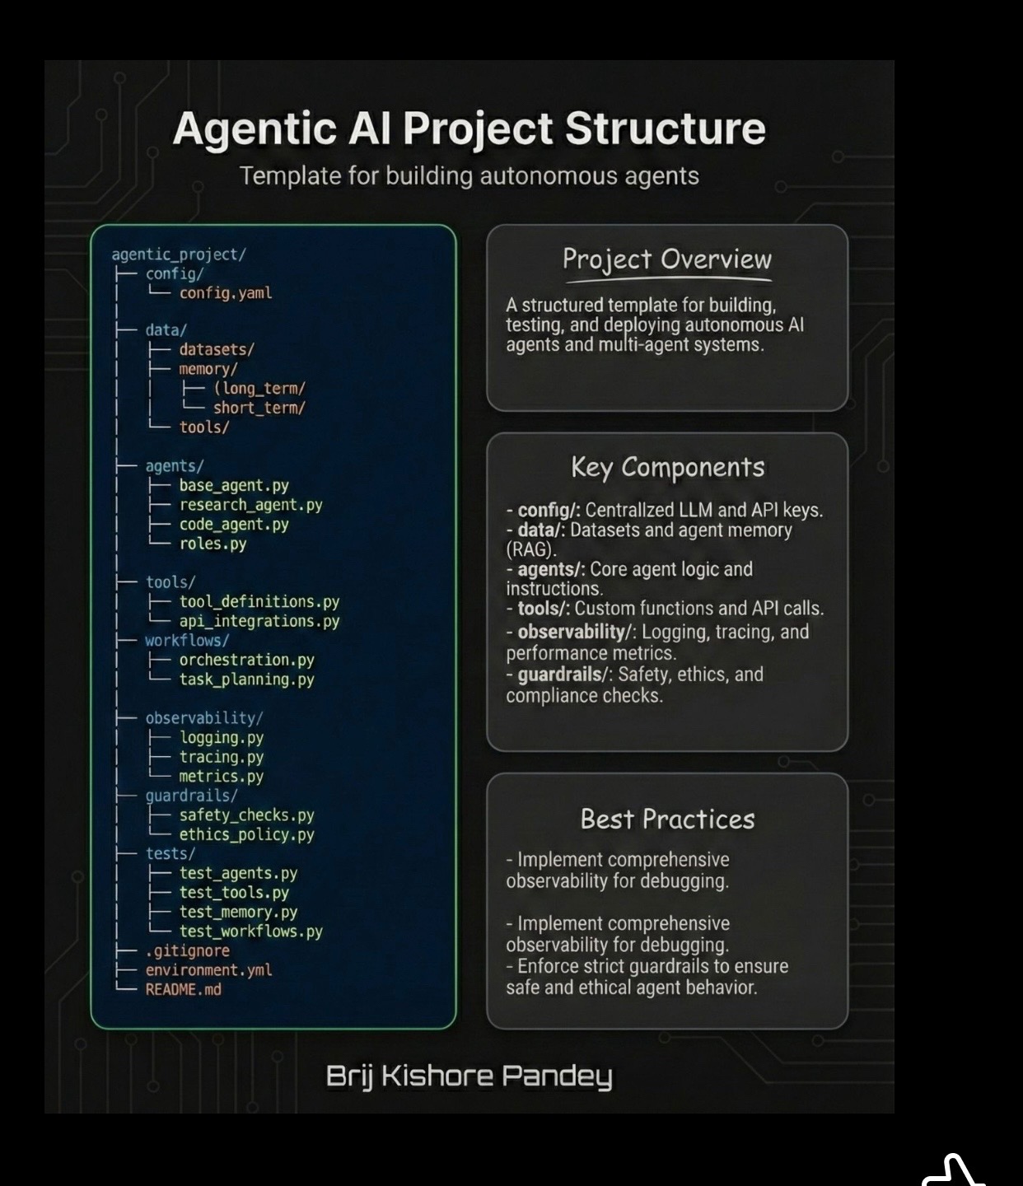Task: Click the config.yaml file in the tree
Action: pyautogui.click(x=225, y=293)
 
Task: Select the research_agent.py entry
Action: pyautogui.click(x=250, y=505)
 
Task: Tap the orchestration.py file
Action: pyautogui.click(x=246, y=660)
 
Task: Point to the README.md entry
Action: pyautogui.click(x=183, y=989)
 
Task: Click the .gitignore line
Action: pyautogui.click(x=187, y=950)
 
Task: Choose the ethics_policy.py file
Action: pyautogui.click(x=246, y=834)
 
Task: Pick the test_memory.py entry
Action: pyautogui.click(x=238, y=912)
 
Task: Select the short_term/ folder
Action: pyautogui.click(x=259, y=408)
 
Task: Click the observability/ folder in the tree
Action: pyautogui.click(x=203, y=718)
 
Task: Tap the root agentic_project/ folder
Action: pyautogui.click(x=179, y=254)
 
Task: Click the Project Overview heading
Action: pyautogui.click(x=666, y=259)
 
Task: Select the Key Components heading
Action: pyautogui.click(x=667, y=467)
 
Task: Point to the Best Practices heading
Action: pyautogui.click(x=667, y=819)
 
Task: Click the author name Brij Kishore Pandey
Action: pyautogui.click(x=469, y=1076)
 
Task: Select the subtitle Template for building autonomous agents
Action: pyautogui.click(x=469, y=176)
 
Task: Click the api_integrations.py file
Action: pyautogui.click(x=259, y=621)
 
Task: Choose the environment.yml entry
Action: pyautogui.click(x=208, y=970)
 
